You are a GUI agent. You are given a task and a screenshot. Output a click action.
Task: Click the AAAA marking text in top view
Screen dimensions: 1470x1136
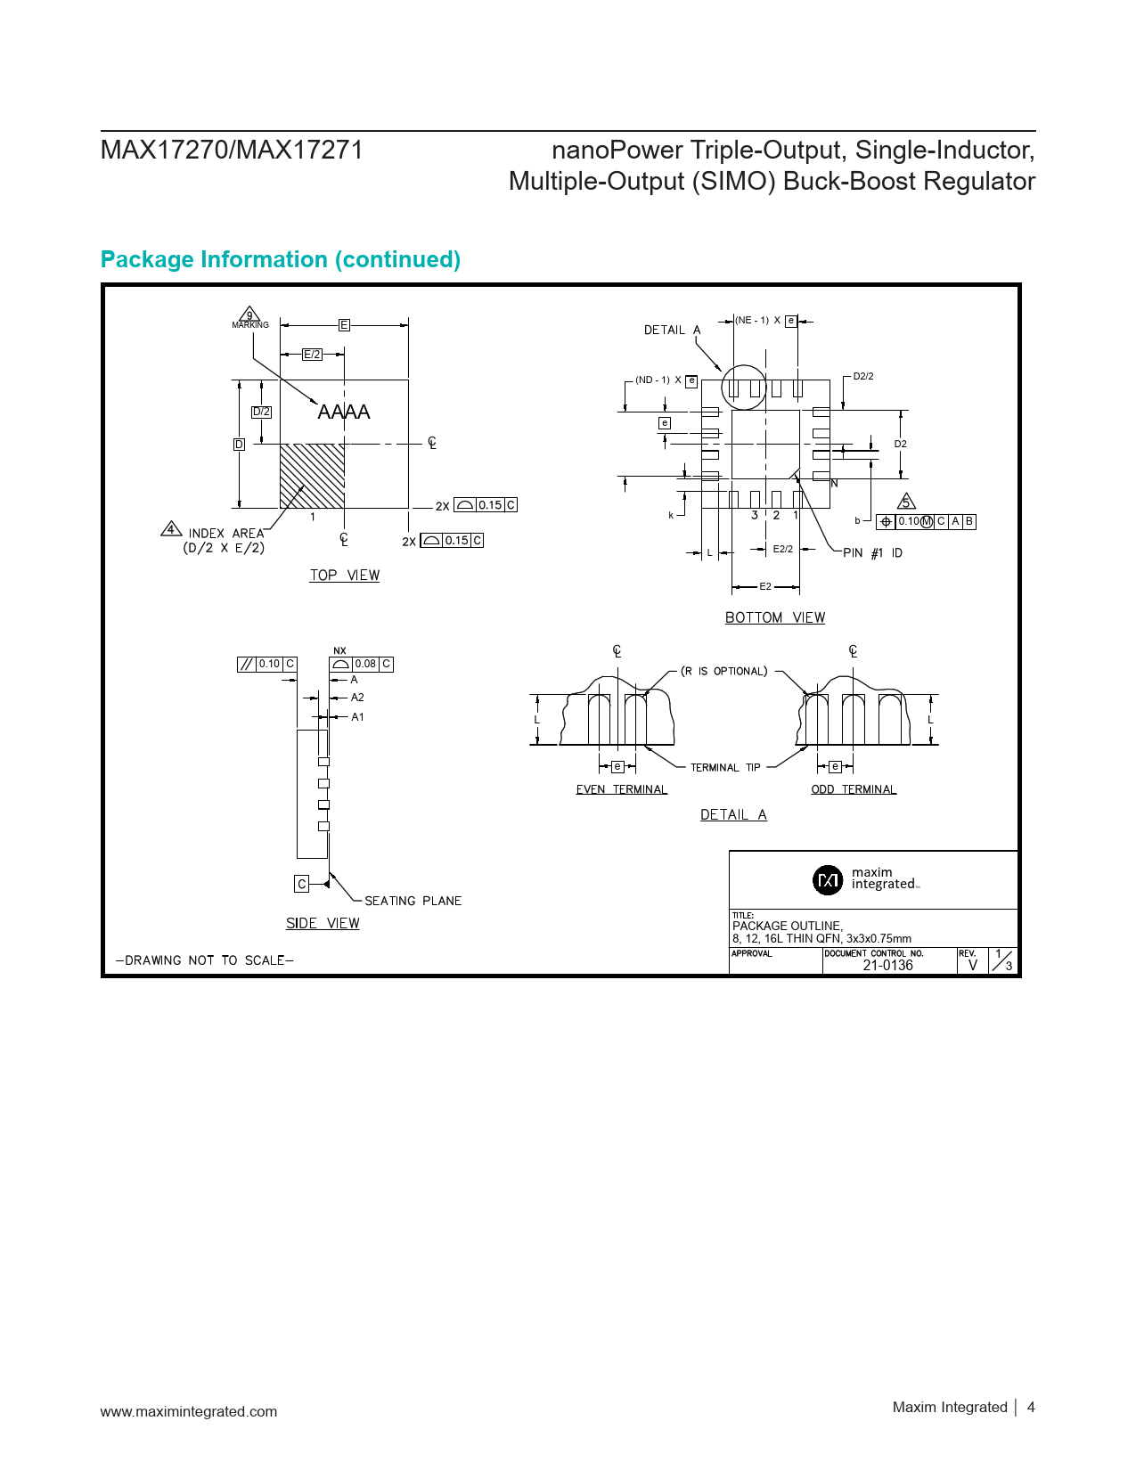(x=344, y=412)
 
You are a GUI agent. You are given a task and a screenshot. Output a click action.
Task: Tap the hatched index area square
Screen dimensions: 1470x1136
(x=312, y=476)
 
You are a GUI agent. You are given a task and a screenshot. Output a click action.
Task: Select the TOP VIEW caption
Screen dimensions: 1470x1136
(x=345, y=576)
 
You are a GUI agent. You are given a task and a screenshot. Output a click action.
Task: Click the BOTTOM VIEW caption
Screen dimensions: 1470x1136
(x=775, y=617)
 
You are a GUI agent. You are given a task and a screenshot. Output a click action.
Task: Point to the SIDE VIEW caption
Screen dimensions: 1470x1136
(x=323, y=923)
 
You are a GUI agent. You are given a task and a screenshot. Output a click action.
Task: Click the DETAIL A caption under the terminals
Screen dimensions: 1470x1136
(x=733, y=814)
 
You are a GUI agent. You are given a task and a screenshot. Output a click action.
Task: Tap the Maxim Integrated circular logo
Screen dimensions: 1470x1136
(x=828, y=879)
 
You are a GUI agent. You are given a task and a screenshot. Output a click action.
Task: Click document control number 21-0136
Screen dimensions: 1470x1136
(x=887, y=965)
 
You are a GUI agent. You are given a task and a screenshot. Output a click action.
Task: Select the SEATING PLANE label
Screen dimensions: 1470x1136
(x=413, y=901)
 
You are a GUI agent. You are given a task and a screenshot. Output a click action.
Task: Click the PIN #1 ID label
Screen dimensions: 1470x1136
(x=872, y=553)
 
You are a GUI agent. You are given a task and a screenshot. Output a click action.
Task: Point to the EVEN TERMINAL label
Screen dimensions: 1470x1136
(x=621, y=789)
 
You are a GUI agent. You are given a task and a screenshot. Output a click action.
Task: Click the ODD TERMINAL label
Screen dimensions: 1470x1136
(x=854, y=789)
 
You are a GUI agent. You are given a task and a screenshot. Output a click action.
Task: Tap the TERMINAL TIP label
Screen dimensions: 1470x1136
(x=725, y=767)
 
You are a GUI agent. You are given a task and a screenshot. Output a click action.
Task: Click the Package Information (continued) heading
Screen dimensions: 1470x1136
(x=281, y=259)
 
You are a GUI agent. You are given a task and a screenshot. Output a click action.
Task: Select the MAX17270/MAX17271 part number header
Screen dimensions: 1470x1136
(x=232, y=150)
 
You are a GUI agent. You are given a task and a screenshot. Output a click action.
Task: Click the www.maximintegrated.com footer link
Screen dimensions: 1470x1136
(x=189, y=1411)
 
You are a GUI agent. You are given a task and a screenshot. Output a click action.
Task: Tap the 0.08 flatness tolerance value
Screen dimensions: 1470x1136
(x=365, y=664)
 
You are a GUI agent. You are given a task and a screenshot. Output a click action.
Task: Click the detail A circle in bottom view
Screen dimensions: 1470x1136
(x=744, y=387)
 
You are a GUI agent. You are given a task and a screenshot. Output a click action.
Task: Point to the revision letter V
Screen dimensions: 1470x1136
(x=973, y=965)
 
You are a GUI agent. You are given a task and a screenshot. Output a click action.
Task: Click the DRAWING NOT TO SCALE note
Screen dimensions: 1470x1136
(x=205, y=960)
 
